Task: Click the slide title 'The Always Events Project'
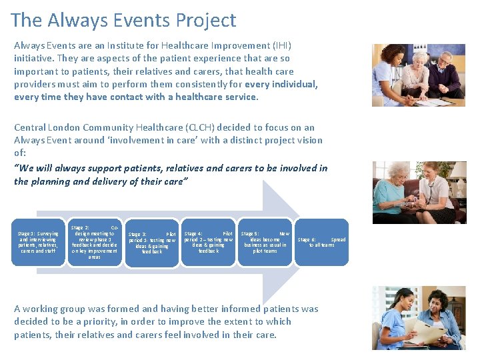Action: point(123,21)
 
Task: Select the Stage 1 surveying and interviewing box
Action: point(38,242)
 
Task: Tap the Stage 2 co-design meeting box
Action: point(95,242)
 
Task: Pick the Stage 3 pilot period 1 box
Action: point(152,243)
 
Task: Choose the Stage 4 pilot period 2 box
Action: point(209,242)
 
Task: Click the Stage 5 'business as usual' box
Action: point(265,242)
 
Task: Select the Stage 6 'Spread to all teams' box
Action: point(321,242)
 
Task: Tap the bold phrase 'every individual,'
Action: point(281,85)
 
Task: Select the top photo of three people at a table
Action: point(418,75)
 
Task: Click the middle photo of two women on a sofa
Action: point(419,192)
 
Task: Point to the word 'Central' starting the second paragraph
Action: point(31,127)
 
